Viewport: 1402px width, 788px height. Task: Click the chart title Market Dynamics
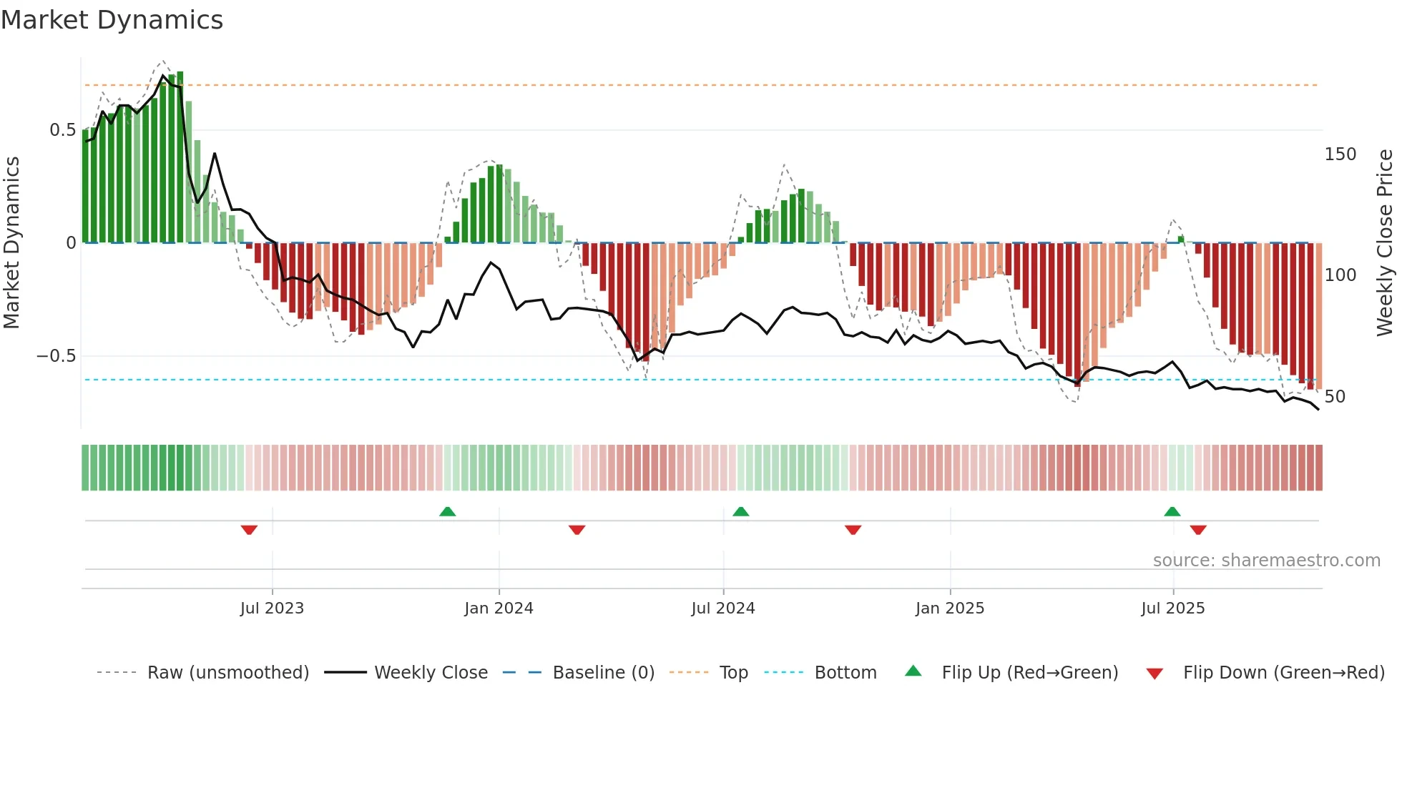112,20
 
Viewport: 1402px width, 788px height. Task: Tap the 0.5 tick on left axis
62,130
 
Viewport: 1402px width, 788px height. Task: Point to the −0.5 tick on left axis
56,356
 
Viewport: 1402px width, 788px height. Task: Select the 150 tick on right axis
1340,154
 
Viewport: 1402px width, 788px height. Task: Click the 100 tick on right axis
1340,275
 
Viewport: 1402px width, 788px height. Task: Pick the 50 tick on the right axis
1335,397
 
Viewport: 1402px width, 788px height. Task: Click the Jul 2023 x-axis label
272,609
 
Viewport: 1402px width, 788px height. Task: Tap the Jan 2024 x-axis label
499,609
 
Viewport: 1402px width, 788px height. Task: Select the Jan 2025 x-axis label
950,609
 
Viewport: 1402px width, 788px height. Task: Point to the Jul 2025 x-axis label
1172,609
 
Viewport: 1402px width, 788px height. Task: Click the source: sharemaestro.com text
1266,561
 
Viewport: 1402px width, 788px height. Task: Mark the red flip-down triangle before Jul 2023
249,530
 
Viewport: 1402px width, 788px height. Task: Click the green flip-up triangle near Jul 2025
1172,511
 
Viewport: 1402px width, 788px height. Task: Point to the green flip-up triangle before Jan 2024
447,511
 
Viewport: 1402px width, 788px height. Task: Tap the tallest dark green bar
180,157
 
